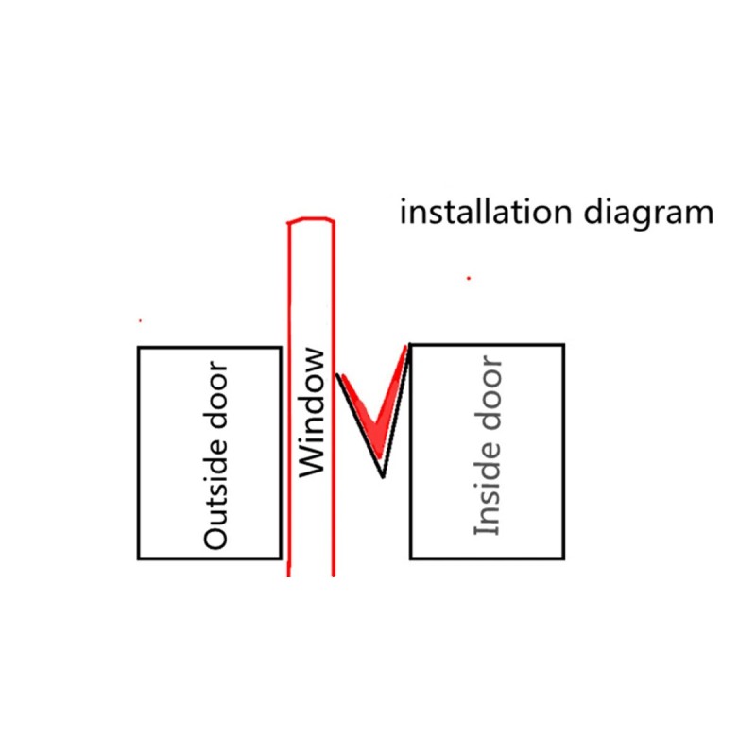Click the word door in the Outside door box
(x=216, y=399)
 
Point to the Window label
(x=311, y=413)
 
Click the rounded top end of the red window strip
(x=310, y=221)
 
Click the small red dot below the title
(x=468, y=278)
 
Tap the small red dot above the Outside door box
(x=140, y=320)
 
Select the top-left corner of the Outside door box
(x=140, y=348)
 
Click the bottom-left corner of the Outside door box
(x=140, y=558)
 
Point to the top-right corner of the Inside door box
(x=564, y=345)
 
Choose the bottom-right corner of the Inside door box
(x=564, y=558)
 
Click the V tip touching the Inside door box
(x=407, y=347)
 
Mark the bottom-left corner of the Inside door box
(x=410, y=558)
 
